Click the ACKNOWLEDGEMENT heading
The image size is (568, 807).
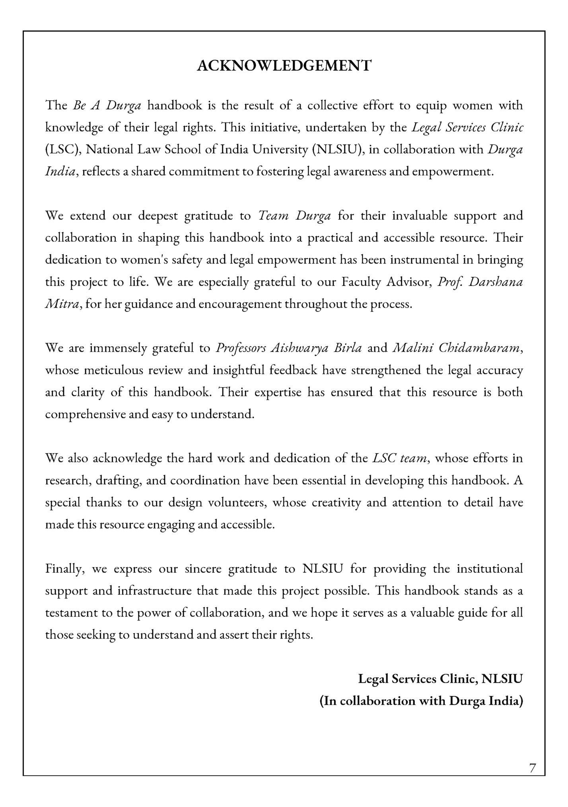pos(284,66)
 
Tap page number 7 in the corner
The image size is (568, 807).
pos(533,768)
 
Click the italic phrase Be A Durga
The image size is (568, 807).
pos(107,106)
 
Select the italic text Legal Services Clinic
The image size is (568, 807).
pos(467,128)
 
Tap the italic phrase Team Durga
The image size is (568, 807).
pos(294,216)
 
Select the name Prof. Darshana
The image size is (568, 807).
pos(480,282)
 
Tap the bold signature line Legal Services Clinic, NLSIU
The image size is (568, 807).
pos(440,679)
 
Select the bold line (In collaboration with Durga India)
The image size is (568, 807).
pos(421,701)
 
